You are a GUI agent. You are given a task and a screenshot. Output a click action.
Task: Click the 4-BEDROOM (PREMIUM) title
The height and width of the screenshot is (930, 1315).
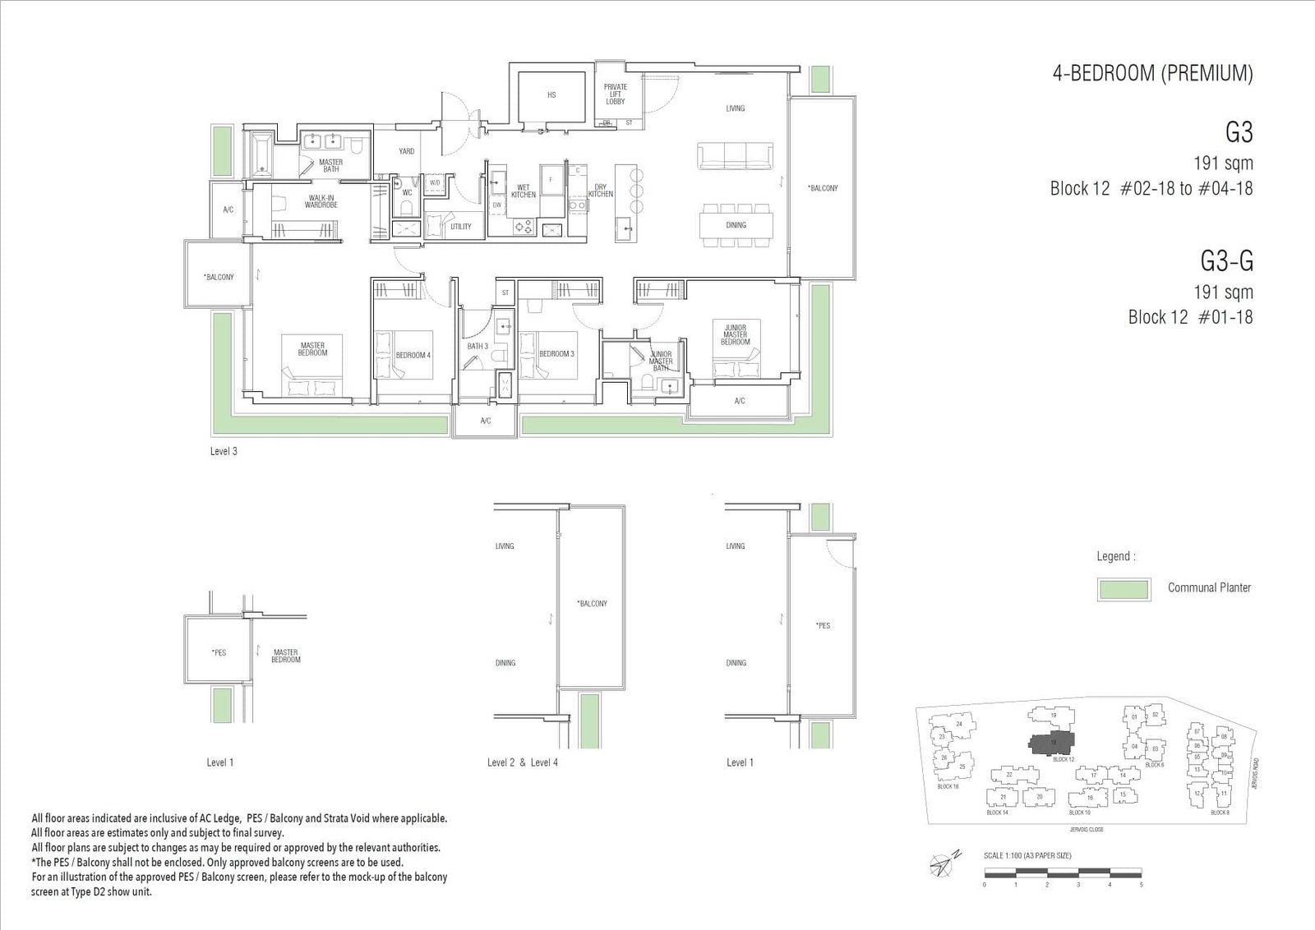coord(1152,73)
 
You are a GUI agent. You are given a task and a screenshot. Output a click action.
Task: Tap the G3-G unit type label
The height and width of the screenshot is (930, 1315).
coord(1226,261)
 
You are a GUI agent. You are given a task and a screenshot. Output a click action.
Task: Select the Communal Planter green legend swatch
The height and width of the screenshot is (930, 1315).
coord(1123,589)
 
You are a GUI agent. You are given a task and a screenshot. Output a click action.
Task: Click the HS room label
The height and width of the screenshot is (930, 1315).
coord(551,95)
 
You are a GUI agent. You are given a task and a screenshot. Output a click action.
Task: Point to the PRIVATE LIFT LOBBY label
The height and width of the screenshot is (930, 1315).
coord(616,94)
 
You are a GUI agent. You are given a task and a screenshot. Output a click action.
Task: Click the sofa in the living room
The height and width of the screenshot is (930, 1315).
coord(735,156)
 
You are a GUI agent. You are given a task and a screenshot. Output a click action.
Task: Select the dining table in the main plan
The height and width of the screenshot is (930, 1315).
coord(736,225)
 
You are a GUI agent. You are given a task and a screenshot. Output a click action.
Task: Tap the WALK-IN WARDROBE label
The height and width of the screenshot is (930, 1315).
coord(321,200)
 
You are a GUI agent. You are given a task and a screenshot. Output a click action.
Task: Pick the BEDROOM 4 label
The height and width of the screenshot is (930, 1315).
coord(413,355)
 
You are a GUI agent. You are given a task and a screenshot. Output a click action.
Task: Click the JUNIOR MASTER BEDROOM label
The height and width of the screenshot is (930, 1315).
coord(736,335)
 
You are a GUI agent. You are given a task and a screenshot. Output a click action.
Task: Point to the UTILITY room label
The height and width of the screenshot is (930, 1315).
coord(461,227)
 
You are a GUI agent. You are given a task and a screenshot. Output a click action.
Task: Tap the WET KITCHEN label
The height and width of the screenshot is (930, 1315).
coord(524,191)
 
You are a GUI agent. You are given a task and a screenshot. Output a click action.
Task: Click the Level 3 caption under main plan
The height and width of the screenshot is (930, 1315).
coord(224,452)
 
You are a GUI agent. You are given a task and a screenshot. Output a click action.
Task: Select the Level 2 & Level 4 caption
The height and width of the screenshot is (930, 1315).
coord(523,762)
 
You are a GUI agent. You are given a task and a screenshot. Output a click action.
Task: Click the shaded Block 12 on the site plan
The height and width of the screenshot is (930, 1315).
coord(1052,742)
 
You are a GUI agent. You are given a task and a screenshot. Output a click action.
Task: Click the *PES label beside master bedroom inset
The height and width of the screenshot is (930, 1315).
coord(219,653)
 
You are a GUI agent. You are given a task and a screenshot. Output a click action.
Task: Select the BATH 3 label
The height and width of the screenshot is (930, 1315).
coord(478,347)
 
